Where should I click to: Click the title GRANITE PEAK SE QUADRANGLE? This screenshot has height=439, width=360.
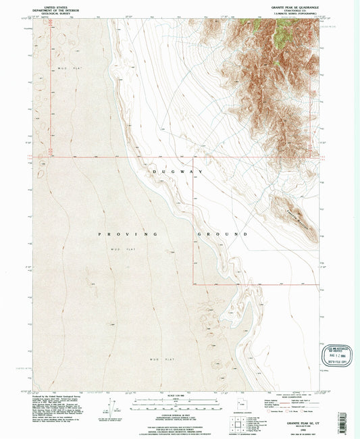tap(287, 7)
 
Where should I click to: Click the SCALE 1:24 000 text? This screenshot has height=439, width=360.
tap(180, 395)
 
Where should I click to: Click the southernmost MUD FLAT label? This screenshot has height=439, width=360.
tap(155, 359)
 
